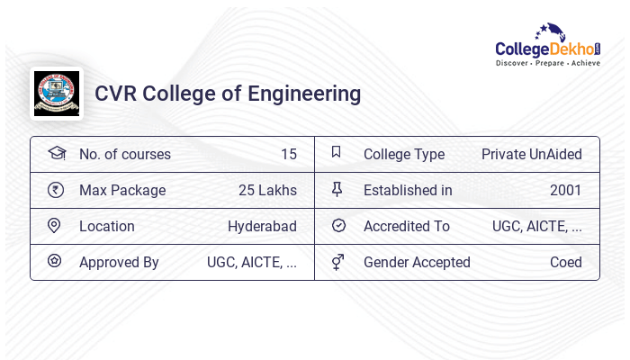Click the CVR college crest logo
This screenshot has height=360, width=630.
pos(56,93)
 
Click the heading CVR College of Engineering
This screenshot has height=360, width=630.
pos(228,94)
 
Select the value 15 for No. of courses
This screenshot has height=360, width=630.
pos(288,154)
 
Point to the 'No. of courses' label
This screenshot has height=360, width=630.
pos(125,154)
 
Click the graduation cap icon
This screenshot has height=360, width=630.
pos(56,153)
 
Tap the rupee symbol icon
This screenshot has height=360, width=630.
pos(56,190)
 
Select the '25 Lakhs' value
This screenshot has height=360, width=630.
pos(267,190)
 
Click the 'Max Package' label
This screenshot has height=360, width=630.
pos(122,190)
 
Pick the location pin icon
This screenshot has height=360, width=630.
pos(55,226)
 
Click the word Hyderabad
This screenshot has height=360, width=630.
pos(262,226)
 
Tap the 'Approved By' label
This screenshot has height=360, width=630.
pos(119,262)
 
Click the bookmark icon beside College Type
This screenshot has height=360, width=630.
pos(337,153)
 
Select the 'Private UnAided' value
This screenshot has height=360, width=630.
pos(531,154)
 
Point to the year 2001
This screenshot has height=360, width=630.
pos(565,190)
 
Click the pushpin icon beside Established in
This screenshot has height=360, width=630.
pos(337,190)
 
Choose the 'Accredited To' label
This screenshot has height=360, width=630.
pos(407,226)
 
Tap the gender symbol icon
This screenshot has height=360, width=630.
pos(337,262)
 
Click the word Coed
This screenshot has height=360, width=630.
pos(565,262)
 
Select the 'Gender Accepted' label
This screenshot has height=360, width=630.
pos(417,262)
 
